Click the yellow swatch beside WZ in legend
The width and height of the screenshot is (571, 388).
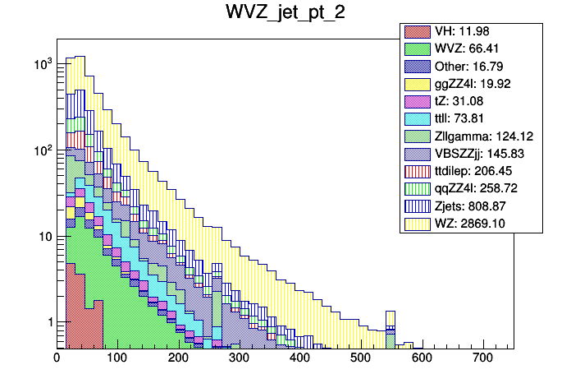(x=417, y=223)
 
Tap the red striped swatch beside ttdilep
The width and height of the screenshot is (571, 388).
(x=417, y=171)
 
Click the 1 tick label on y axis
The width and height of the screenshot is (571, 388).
(x=48, y=322)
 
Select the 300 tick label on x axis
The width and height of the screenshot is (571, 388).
(x=239, y=358)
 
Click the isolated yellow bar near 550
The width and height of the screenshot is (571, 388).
(x=391, y=320)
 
